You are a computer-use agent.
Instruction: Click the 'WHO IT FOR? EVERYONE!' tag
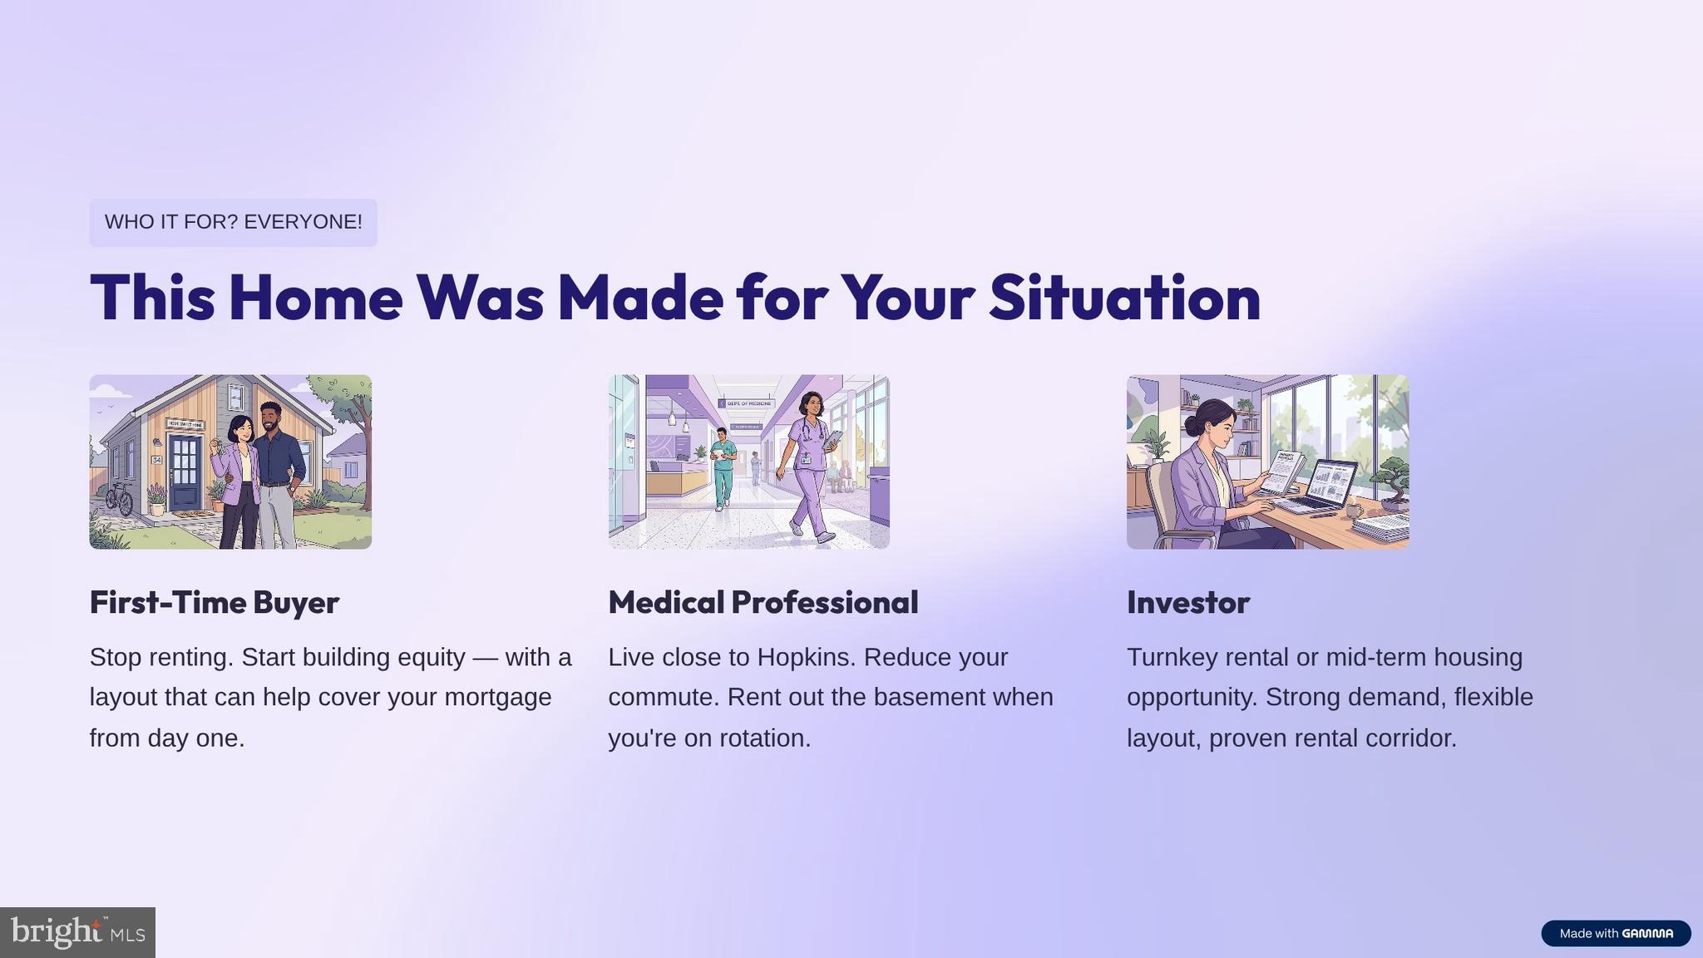click(x=233, y=222)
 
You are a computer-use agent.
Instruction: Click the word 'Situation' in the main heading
click(x=1124, y=298)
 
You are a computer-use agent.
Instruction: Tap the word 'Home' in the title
click(x=315, y=298)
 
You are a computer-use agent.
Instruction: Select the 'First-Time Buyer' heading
click(x=215, y=602)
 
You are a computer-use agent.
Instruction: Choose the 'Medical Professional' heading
click(x=763, y=602)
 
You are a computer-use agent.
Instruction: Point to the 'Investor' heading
click(x=1188, y=602)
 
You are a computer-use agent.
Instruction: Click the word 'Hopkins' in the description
click(x=806, y=658)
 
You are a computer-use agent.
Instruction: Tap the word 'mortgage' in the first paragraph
click(x=498, y=697)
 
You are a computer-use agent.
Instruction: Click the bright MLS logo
click(x=77, y=932)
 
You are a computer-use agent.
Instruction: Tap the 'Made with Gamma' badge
click(x=1616, y=933)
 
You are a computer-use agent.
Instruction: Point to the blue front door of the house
click(x=185, y=472)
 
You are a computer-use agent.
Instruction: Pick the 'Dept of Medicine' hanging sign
click(x=747, y=403)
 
